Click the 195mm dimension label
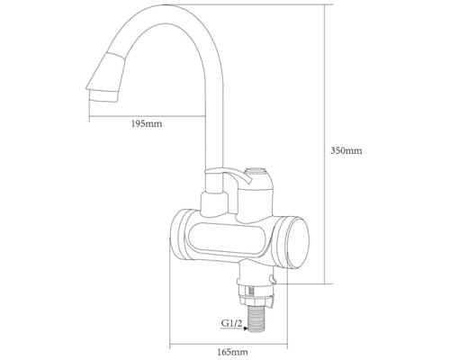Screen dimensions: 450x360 147,123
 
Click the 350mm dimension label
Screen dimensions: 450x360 346,150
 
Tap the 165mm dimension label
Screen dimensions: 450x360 232,352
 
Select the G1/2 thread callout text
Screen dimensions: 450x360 231,323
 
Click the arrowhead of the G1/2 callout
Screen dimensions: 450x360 246,328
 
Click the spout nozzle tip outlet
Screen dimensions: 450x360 103,96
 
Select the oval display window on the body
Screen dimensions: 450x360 226,239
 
